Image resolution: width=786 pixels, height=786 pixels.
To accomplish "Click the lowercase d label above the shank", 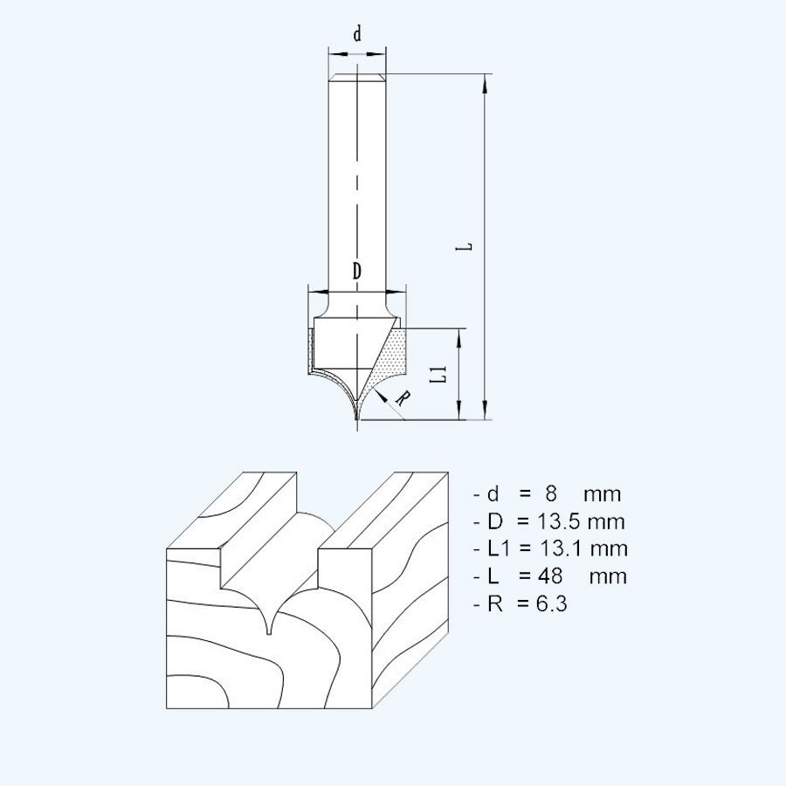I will tap(356, 35).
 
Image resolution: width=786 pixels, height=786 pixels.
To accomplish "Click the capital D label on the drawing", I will tap(357, 272).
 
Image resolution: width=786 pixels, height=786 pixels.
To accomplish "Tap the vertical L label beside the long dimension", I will tap(468, 246).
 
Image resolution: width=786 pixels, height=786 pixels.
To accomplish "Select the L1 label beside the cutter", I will tap(442, 376).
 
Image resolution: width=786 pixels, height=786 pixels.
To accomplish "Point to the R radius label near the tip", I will tap(403, 398).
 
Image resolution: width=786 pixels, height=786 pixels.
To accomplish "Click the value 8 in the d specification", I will tap(539, 494).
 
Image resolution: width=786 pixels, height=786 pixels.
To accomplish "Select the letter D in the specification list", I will tap(495, 522).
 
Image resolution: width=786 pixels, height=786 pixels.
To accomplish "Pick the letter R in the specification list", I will tap(495, 603).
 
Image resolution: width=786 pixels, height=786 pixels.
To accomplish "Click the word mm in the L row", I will tap(608, 576).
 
